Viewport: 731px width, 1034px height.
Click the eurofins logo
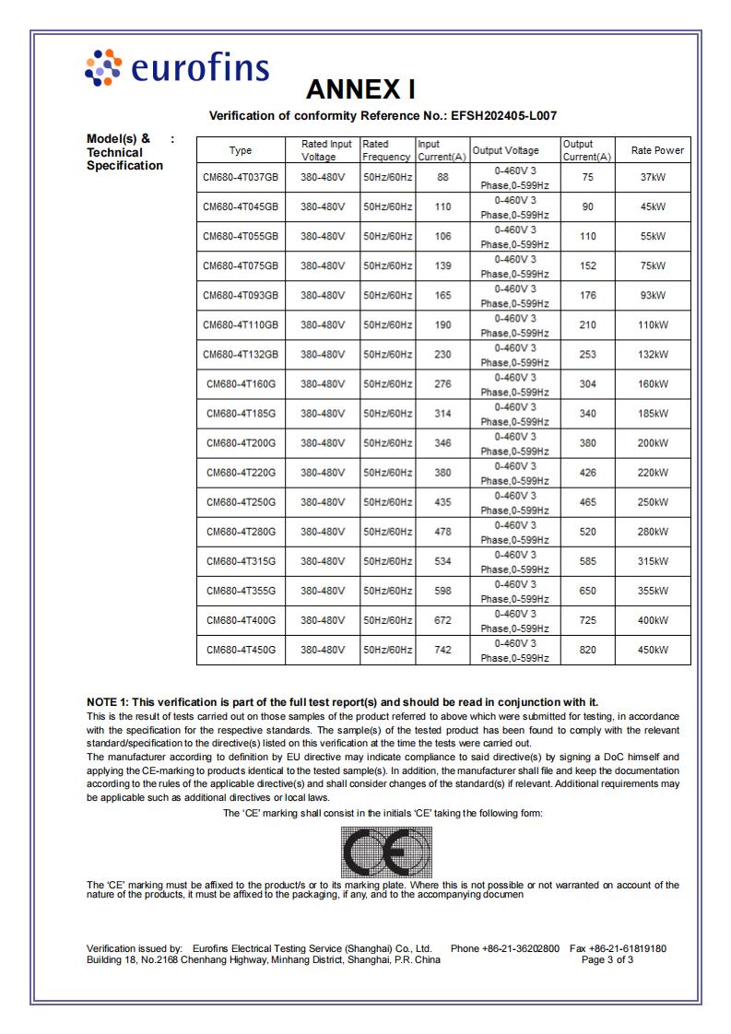[x=176, y=70]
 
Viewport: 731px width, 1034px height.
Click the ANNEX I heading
[x=360, y=89]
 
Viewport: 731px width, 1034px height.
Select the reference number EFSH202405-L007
[x=501, y=116]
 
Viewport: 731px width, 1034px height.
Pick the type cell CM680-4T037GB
[x=241, y=177]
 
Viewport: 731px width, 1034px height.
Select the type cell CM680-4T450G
[x=241, y=650]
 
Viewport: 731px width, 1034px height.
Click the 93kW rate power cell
[x=653, y=295]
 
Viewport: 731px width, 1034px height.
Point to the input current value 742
[x=442, y=650]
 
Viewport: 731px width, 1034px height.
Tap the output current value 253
[x=588, y=354]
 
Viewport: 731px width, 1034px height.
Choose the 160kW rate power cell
[x=653, y=383]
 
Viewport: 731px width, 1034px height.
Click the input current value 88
[x=442, y=177]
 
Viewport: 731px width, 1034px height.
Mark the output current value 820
[x=588, y=650]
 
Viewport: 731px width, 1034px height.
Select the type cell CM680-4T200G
[x=241, y=443]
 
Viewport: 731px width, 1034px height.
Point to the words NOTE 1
[x=107, y=702]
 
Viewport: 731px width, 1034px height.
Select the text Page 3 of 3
[x=607, y=959]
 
